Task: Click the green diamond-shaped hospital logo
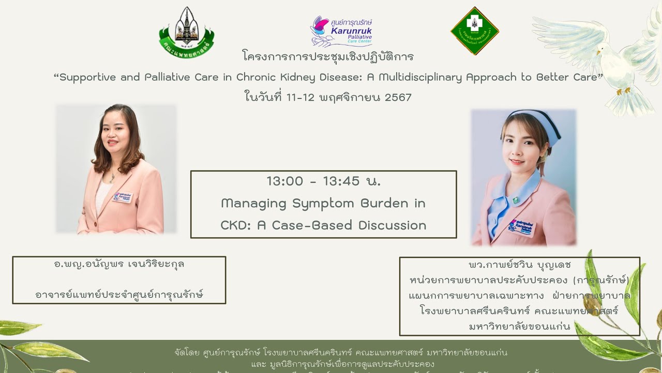point(474,31)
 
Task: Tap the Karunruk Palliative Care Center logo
point(341,31)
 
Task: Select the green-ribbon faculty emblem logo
point(186,32)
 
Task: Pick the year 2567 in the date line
point(398,97)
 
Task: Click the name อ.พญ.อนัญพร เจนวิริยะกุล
point(119,264)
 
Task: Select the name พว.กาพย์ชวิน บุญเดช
point(519,265)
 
